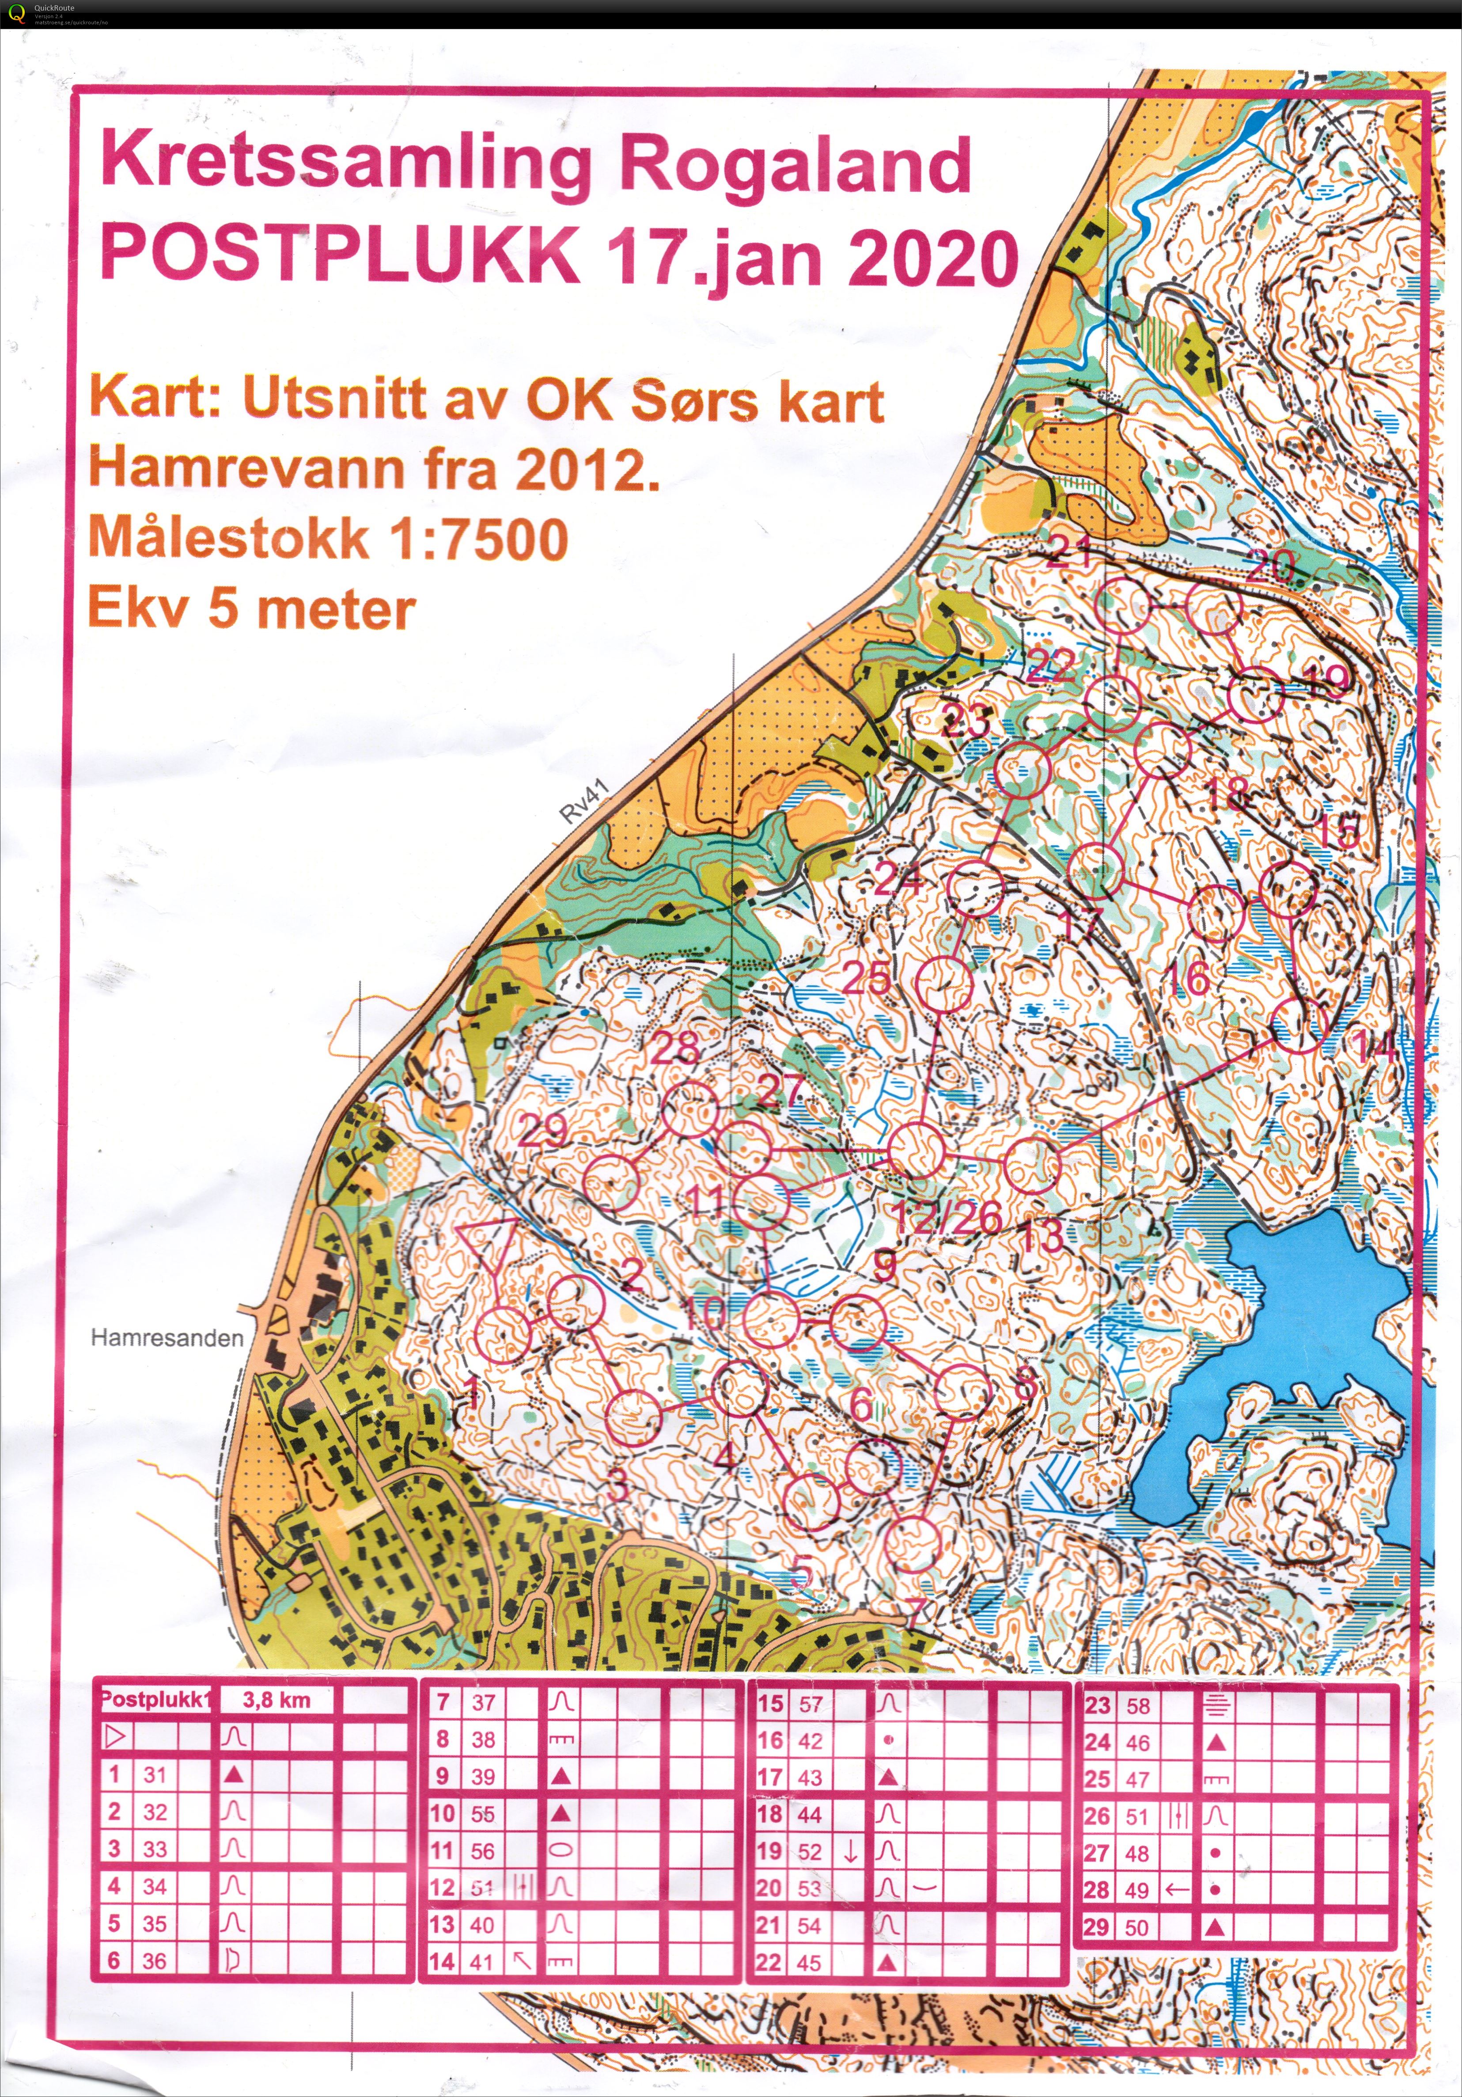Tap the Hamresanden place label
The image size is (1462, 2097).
coord(167,1339)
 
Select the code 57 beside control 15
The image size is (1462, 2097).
coord(810,1704)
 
